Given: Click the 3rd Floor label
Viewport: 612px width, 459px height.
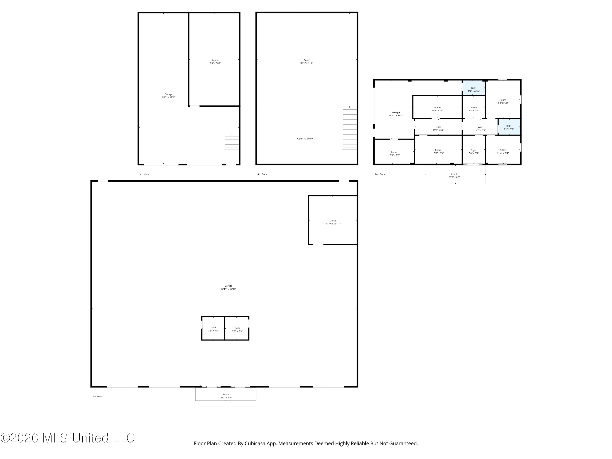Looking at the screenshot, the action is click(x=144, y=174).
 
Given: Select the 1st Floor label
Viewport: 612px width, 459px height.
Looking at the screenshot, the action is click(x=97, y=396).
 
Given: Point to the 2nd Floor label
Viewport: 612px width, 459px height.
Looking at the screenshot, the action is click(x=380, y=174).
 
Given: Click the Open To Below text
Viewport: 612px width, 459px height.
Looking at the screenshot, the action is click(x=305, y=139).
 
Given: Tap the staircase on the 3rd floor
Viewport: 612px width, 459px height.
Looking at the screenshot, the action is click(x=232, y=142).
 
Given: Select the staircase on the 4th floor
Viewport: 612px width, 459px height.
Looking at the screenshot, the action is click(x=350, y=128).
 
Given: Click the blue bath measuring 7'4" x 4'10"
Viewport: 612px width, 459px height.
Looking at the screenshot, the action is click(x=474, y=88).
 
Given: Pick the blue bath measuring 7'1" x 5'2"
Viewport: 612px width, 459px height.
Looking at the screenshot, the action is click(x=509, y=127).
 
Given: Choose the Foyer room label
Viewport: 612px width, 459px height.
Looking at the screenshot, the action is click(x=474, y=150).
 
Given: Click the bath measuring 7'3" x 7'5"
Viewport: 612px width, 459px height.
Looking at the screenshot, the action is click(x=213, y=328).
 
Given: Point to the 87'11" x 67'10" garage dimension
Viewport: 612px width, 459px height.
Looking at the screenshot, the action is click(x=228, y=289).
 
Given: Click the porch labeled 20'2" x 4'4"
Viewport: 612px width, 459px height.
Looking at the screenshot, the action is click(x=226, y=394).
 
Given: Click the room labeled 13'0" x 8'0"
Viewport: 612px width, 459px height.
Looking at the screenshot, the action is click(x=394, y=152).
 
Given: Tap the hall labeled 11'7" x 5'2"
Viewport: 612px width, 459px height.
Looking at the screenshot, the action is click(x=480, y=127).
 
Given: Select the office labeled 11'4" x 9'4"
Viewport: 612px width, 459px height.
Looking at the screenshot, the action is click(x=503, y=150).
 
